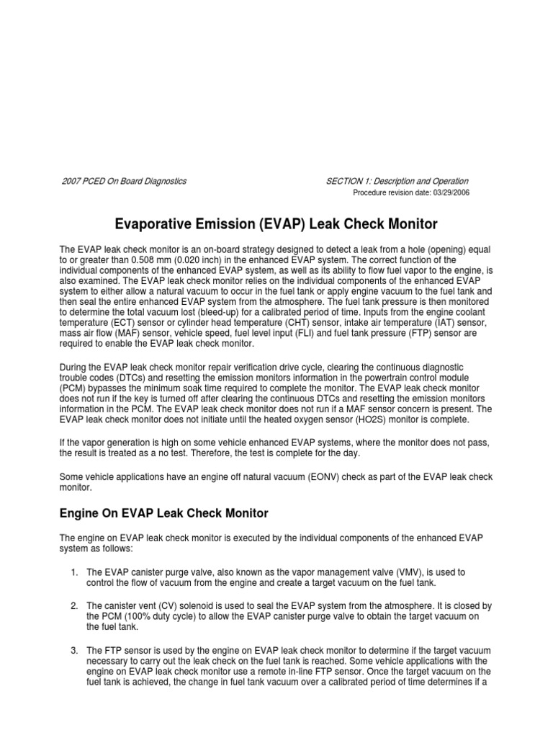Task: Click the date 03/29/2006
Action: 450,194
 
